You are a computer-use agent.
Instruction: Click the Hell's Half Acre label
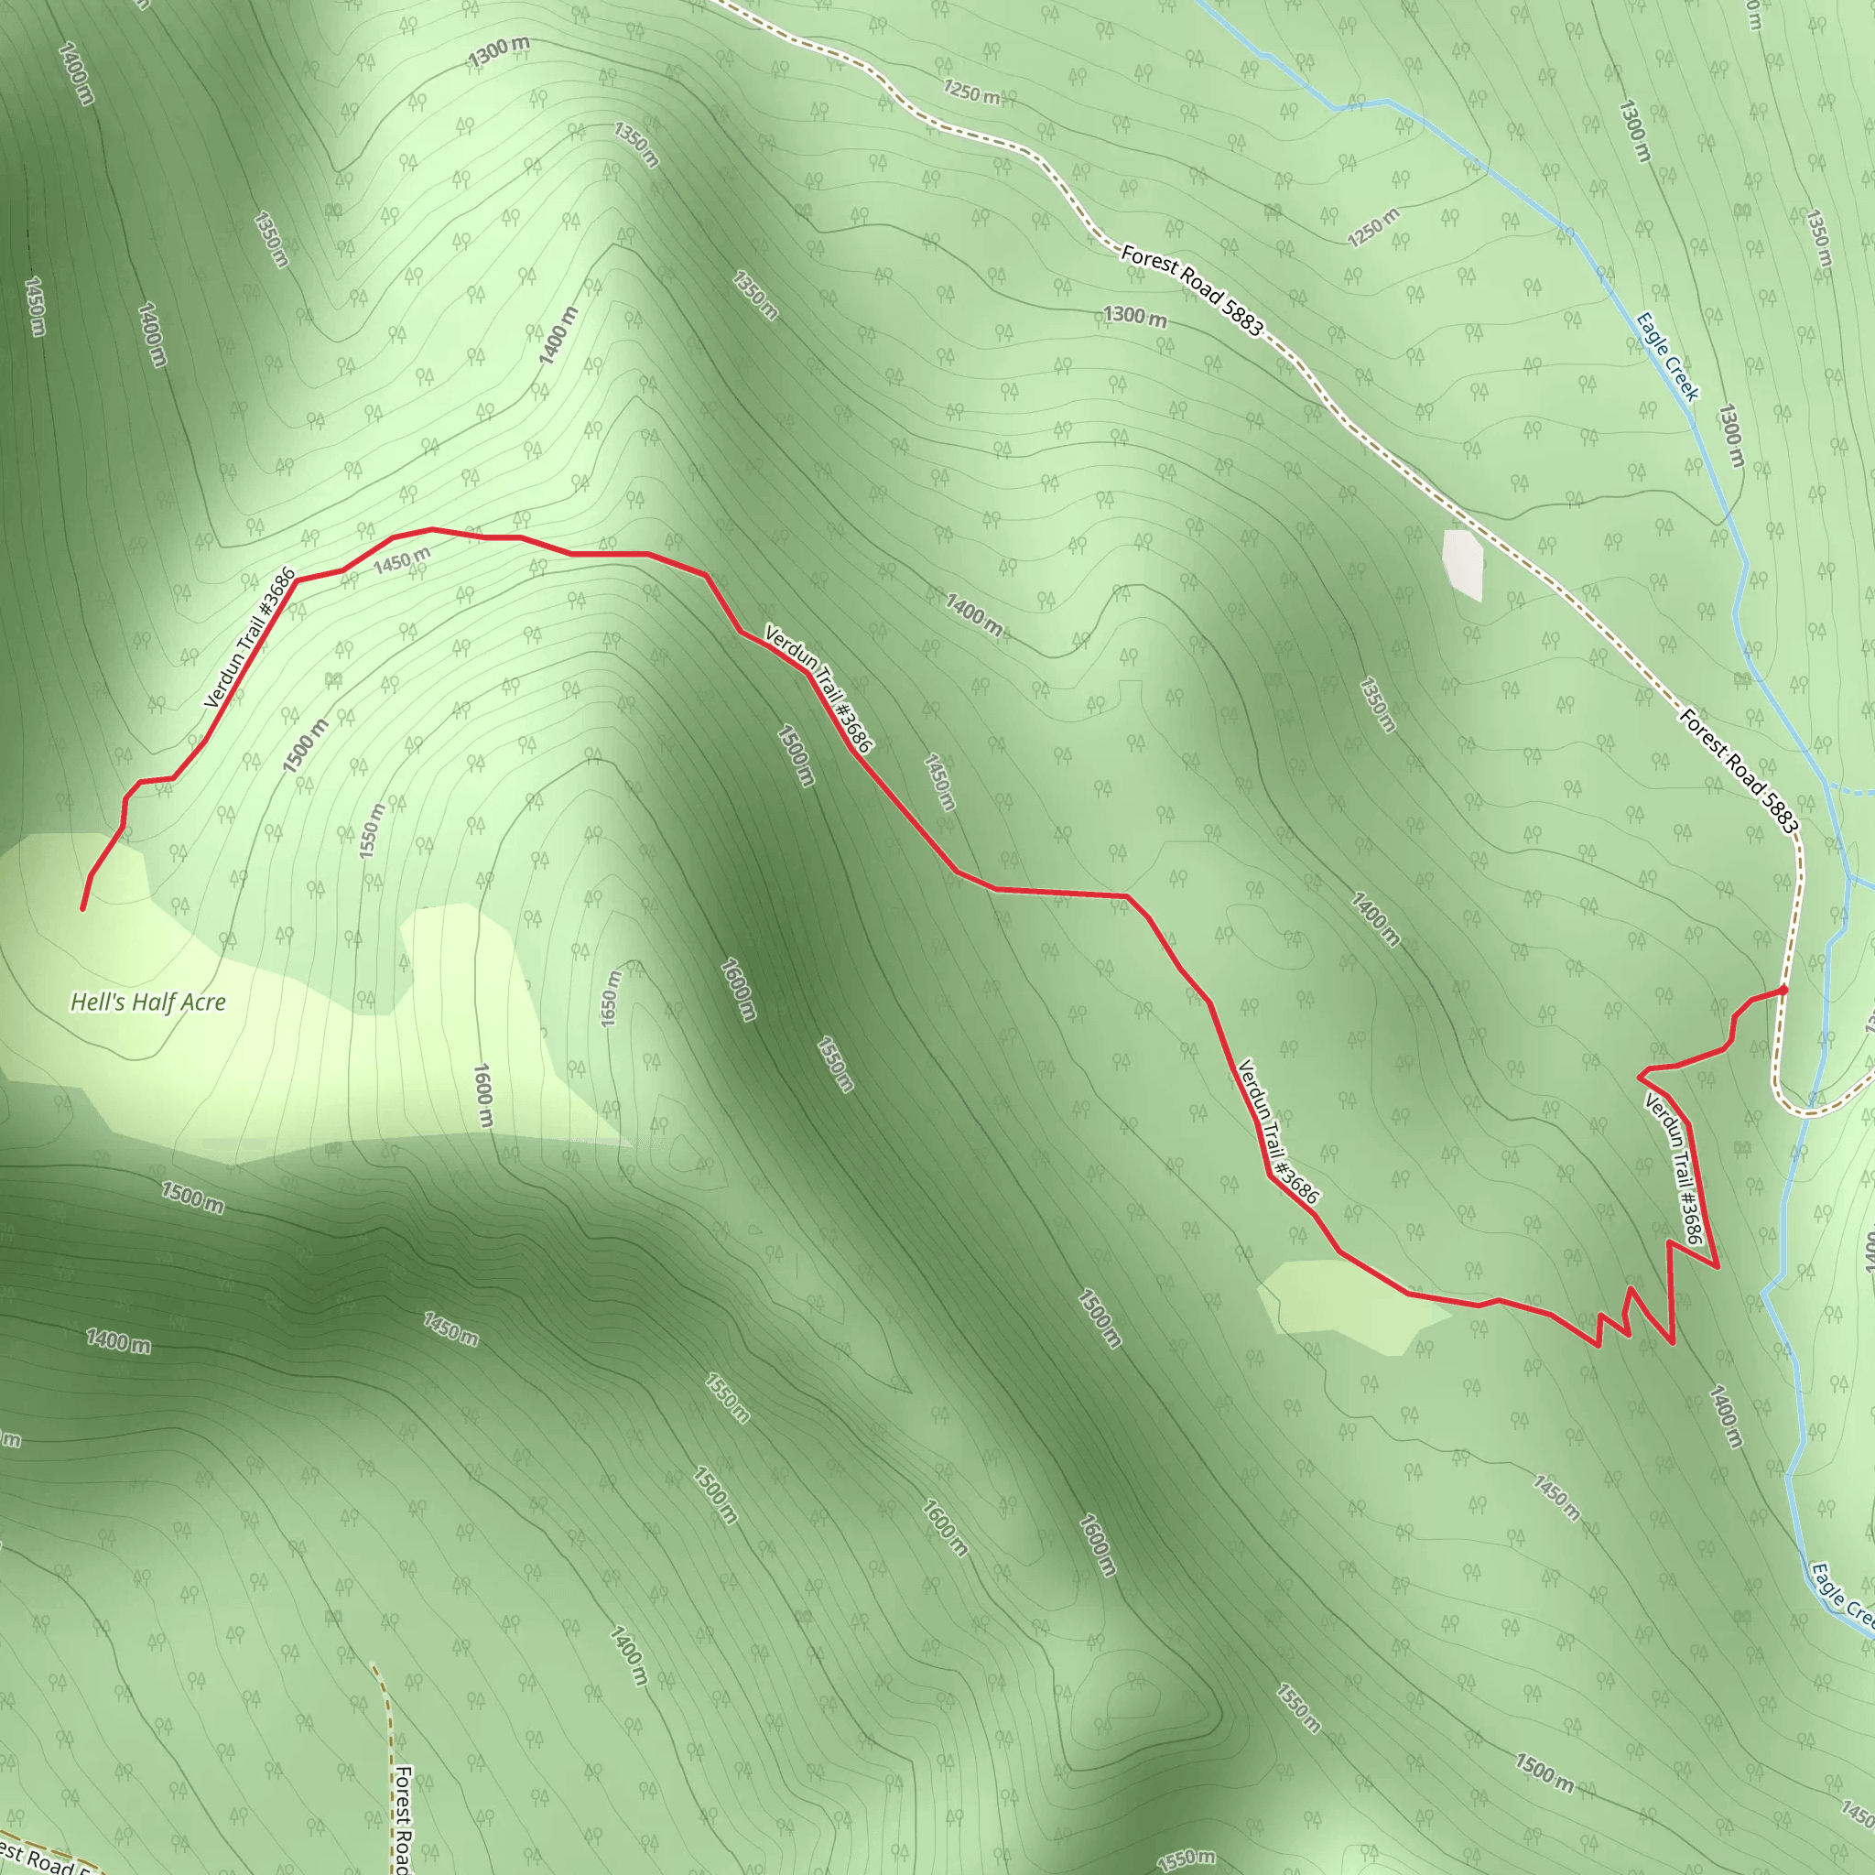[x=148, y=1002]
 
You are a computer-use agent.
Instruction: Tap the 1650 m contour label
[x=610, y=999]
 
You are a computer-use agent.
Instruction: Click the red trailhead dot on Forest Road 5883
[x=1783, y=990]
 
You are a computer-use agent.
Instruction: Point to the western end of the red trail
[x=82, y=908]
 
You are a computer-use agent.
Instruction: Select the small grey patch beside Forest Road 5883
[x=1462, y=564]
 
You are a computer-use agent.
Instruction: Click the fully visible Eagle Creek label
[x=1667, y=356]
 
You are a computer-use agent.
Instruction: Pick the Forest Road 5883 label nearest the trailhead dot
[x=1740, y=772]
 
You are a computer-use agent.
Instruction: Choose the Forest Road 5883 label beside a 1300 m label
[x=1192, y=290]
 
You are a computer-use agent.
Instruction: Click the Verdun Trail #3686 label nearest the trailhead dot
[x=1674, y=1167]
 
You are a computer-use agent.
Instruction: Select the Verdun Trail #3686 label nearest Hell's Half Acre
[x=250, y=637]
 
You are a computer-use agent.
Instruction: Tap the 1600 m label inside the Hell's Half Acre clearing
[x=482, y=1096]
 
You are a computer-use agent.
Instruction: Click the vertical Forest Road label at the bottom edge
[x=402, y=1820]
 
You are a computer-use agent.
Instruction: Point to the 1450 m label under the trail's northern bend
[x=402, y=560]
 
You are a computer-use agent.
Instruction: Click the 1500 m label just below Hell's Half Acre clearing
[x=192, y=1198]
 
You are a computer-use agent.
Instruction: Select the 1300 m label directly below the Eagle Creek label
[x=1731, y=435]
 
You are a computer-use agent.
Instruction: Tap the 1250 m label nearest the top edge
[x=971, y=92]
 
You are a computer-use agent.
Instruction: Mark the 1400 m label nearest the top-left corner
[x=76, y=73]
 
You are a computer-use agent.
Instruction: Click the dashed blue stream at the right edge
[x=1848, y=791]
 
